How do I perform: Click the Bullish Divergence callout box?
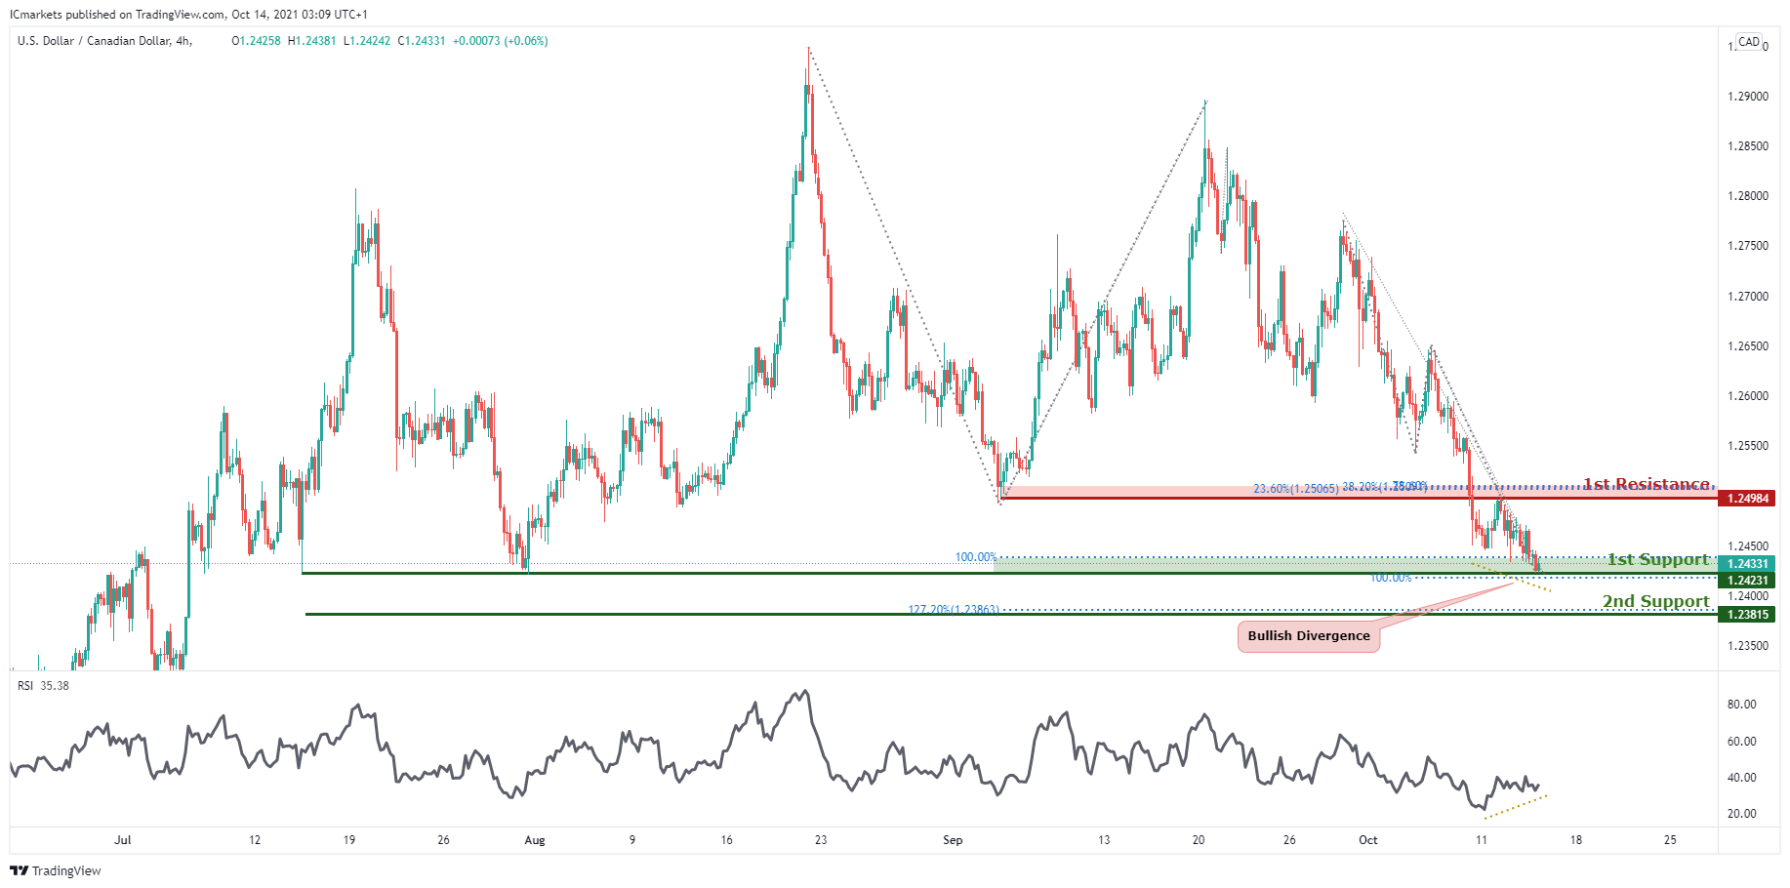(1308, 636)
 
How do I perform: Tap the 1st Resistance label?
(1646, 484)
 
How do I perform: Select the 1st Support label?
(1658, 559)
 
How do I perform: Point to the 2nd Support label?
(1655, 601)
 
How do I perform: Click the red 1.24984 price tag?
(1747, 499)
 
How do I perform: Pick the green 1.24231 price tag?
(1747, 581)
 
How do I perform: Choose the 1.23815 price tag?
(1747, 615)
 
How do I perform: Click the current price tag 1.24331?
(1747, 564)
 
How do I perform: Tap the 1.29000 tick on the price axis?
(1747, 97)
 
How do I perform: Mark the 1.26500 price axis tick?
(1747, 346)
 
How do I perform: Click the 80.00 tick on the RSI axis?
(1741, 705)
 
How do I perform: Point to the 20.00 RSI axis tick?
(1741, 814)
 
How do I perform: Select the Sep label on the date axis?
(953, 840)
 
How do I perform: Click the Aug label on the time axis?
(534, 840)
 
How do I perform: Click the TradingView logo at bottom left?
(56, 870)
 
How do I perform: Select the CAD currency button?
(1749, 42)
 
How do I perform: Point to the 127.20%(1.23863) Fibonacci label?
(953, 610)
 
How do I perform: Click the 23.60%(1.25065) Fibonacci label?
(1295, 489)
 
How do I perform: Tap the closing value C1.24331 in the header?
(422, 41)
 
